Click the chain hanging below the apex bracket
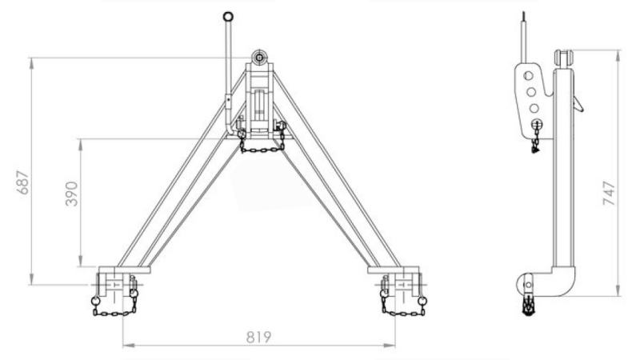(x=262, y=148)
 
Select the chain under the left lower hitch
(x=114, y=310)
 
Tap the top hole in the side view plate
(x=528, y=75)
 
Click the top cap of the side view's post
(x=563, y=58)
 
